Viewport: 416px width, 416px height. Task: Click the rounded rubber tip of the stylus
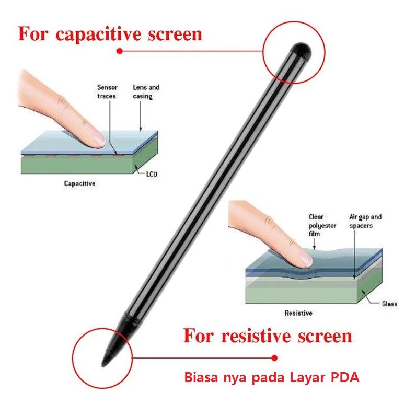pyautogui.click(x=302, y=50)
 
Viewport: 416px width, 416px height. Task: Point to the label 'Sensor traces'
pyautogui.click(x=107, y=91)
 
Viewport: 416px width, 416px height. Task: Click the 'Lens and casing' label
pyautogui.click(x=146, y=91)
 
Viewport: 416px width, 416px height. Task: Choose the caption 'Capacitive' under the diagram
pyautogui.click(x=79, y=183)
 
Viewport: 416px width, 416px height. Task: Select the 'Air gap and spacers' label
pyautogui.click(x=365, y=221)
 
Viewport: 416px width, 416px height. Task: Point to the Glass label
pyautogui.click(x=389, y=304)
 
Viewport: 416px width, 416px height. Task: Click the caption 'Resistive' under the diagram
pyautogui.click(x=298, y=313)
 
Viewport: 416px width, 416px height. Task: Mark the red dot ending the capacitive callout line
pyautogui.click(x=119, y=51)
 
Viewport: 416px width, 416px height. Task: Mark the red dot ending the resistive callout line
pyautogui.click(x=274, y=357)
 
